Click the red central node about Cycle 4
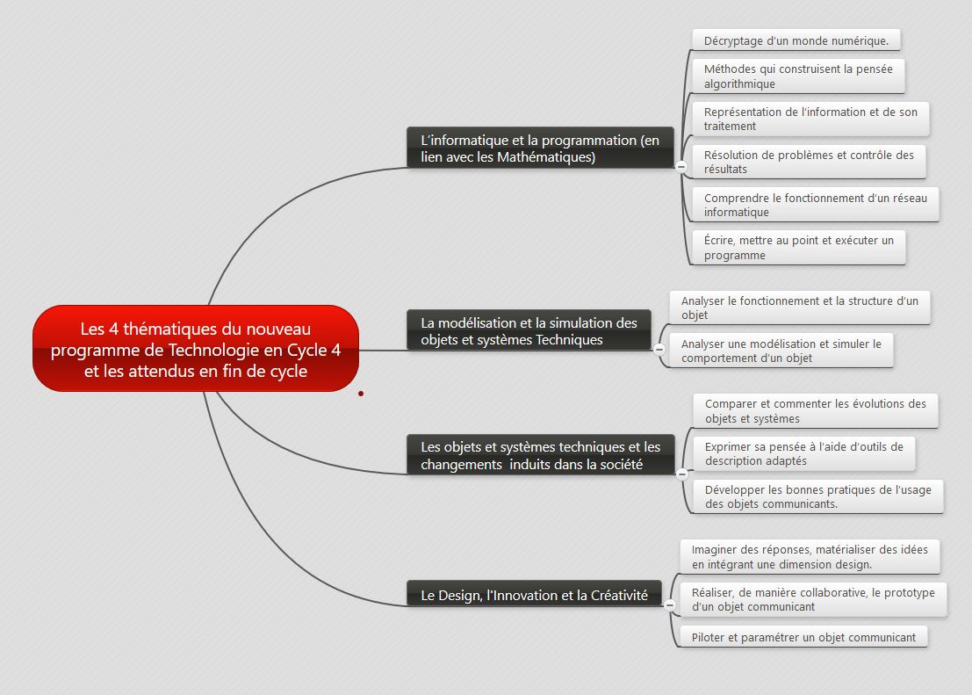(195, 349)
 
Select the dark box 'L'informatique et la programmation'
(539, 148)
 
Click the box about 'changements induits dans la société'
(540, 455)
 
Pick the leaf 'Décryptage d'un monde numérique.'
(796, 40)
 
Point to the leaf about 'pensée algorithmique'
(797, 76)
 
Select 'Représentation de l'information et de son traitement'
(810, 119)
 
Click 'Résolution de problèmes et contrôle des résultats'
(808, 161)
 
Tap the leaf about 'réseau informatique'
(814, 205)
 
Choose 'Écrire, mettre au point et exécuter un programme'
(797, 247)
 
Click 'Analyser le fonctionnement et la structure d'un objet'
(799, 308)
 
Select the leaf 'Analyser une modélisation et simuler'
(781, 351)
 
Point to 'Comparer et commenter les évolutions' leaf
(815, 410)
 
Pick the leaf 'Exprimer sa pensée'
(803, 453)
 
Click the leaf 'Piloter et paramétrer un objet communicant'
(803, 637)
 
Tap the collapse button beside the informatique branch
(680, 166)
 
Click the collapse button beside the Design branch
(669, 605)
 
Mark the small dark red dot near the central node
(361, 394)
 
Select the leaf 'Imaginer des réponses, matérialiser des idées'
(809, 556)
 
